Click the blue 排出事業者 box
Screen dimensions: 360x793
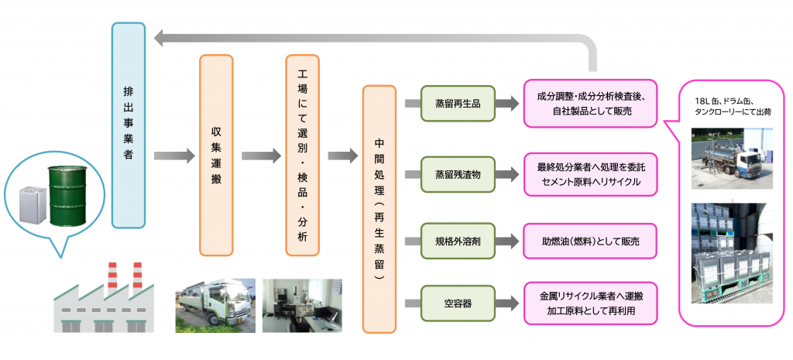(128, 125)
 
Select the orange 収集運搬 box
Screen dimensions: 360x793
(216, 155)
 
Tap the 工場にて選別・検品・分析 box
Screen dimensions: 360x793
(302, 155)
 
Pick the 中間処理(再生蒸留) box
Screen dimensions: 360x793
(379, 209)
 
